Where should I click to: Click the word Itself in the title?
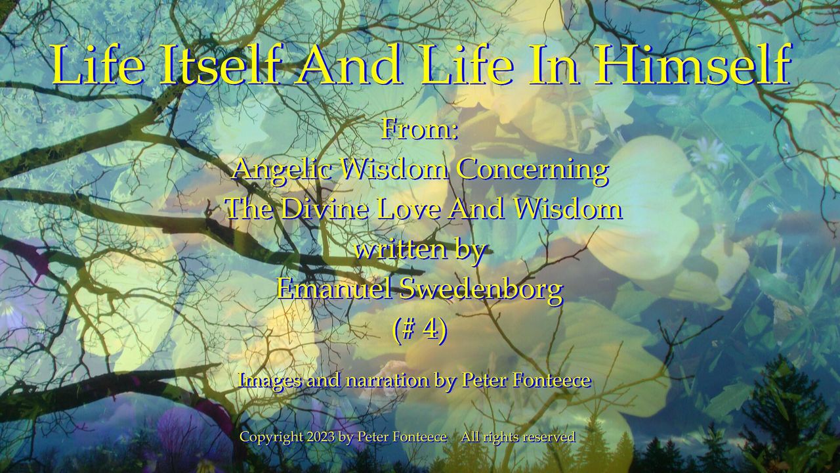[220, 65]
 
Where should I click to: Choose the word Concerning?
[532, 171]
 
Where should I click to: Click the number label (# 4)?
[420, 330]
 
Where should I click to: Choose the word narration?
[387, 380]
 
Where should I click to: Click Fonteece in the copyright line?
[420, 437]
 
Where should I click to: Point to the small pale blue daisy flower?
[715, 153]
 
